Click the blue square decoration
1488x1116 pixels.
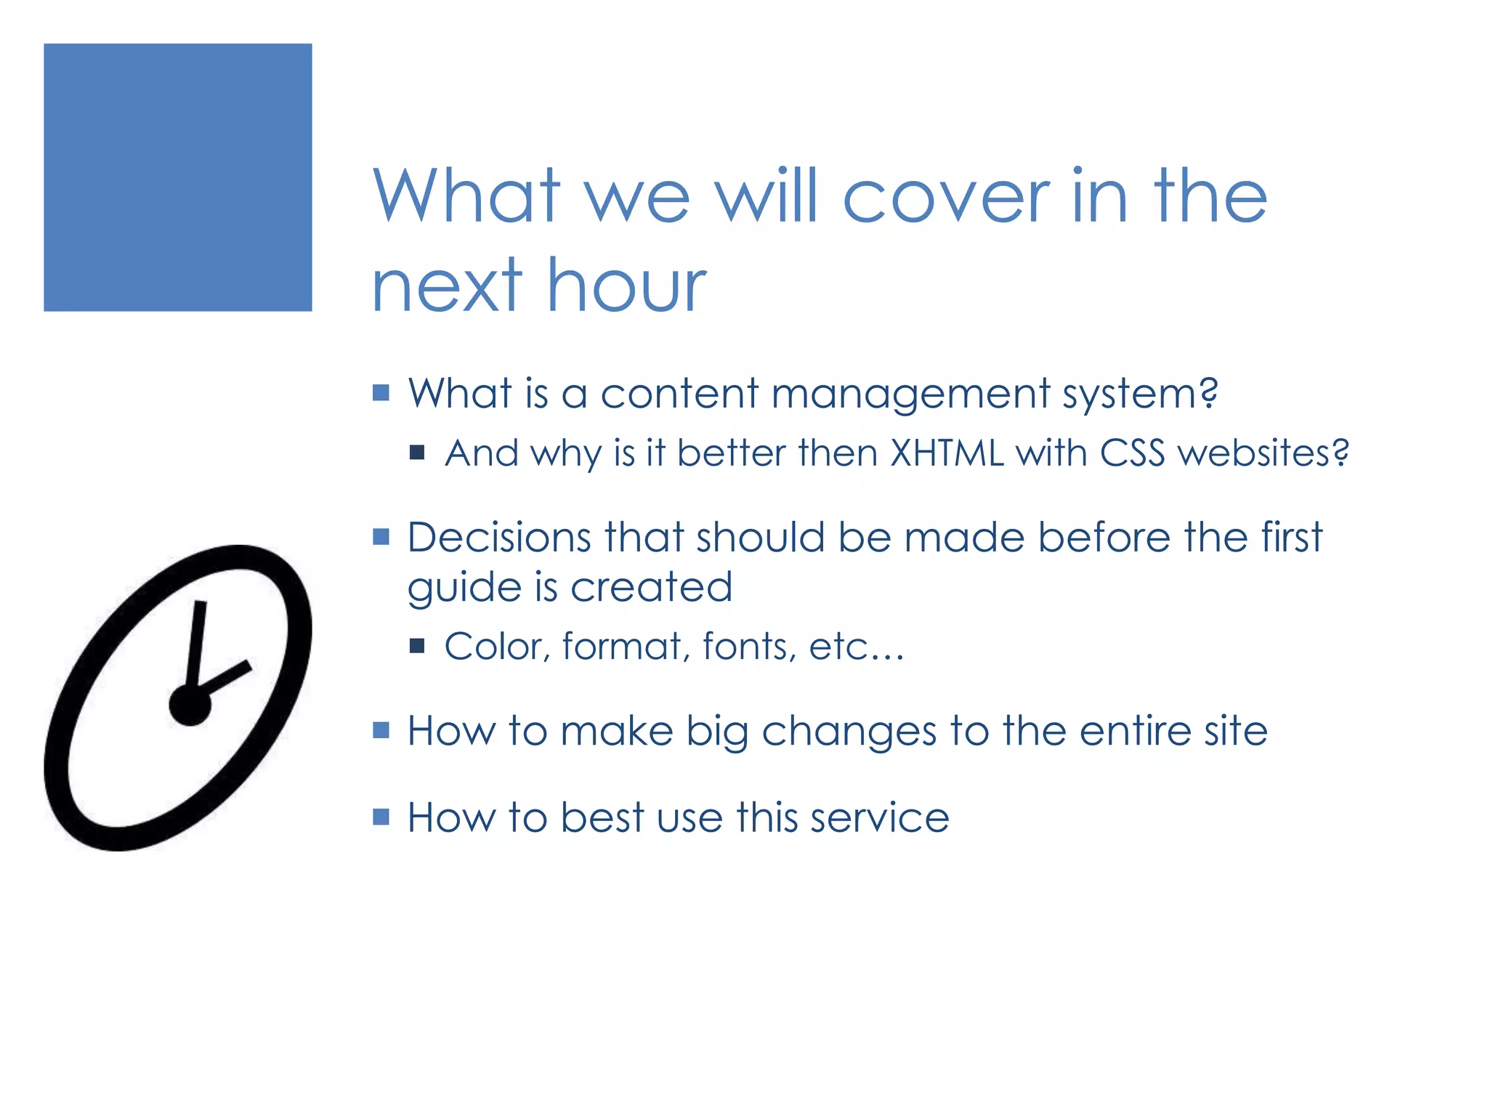(177, 177)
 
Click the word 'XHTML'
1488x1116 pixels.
(947, 453)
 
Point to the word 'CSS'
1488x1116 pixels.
(1131, 453)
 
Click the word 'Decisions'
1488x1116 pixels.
(499, 538)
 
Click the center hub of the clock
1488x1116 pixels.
(190, 704)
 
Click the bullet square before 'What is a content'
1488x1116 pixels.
(381, 393)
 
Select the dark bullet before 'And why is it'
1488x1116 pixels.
(417, 453)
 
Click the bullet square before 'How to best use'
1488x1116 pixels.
(381, 817)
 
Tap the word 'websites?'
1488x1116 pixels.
(1263, 453)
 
